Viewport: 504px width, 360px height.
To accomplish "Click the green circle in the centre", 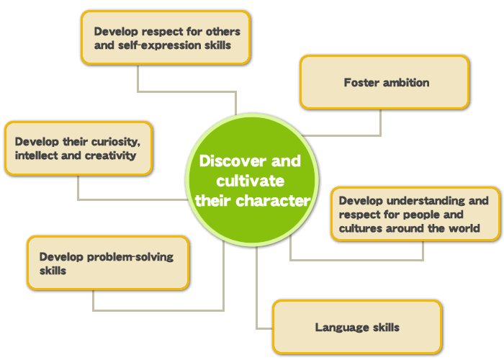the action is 252,180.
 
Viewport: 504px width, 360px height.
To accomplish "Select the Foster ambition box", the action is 384,82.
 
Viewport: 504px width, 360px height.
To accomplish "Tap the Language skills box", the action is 357,327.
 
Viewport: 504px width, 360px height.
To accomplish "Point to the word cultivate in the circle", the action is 250,181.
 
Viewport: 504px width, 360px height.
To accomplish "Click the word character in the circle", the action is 273,201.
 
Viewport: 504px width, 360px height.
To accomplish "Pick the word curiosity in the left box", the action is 116,142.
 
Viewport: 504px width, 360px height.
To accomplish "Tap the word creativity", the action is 111,156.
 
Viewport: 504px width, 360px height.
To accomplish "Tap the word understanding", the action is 426,201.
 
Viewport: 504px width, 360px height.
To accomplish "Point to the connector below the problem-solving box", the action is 158,310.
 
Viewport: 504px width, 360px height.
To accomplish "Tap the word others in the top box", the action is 222,32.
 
